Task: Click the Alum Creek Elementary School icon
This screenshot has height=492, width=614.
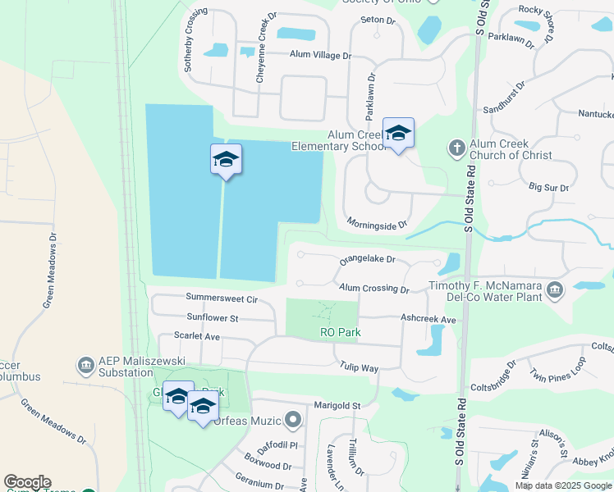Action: tap(398, 134)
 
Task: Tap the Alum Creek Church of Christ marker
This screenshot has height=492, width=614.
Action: tap(456, 148)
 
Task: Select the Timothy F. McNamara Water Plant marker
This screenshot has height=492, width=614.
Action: tap(555, 289)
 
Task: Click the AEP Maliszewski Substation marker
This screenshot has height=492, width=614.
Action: tap(85, 364)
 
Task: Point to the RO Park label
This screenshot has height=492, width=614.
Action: tap(341, 332)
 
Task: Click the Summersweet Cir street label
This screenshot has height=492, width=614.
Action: tap(222, 299)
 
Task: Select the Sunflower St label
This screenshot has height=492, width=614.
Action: tap(212, 317)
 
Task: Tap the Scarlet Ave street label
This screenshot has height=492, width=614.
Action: tap(197, 336)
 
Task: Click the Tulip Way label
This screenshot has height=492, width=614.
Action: tap(360, 368)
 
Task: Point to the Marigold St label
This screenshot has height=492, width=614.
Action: tap(337, 405)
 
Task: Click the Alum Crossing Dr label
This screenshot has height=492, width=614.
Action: tap(374, 289)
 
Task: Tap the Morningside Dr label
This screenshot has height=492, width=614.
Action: tap(377, 224)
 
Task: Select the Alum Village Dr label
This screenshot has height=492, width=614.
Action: tap(319, 56)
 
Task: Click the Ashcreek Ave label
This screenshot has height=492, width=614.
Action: tap(428, 319)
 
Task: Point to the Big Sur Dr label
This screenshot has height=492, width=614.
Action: tap(549, 188)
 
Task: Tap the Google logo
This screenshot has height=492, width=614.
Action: tap(27, 482)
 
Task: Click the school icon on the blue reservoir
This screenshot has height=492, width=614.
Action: tap(226, 160)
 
